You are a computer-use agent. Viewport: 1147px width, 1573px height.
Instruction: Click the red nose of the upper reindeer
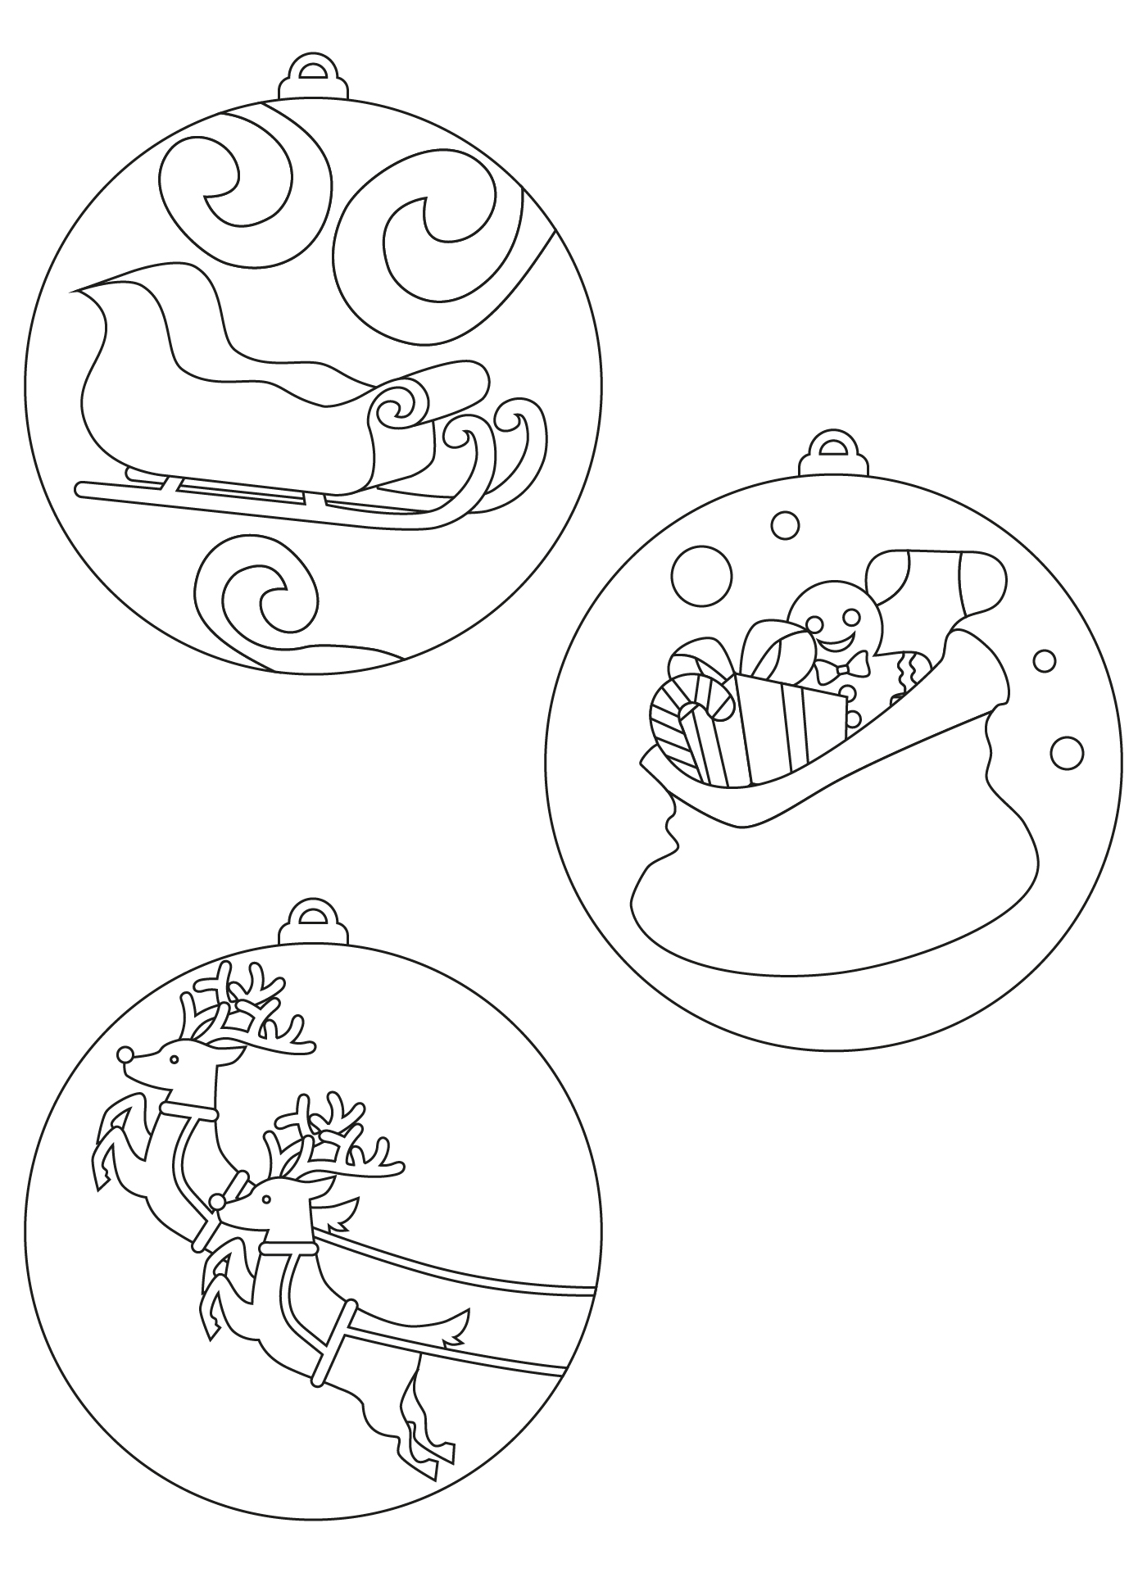pos(125,1054)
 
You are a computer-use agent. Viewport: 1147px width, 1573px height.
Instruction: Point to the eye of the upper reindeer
pos(174,1060)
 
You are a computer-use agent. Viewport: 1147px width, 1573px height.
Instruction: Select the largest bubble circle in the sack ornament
pos(700,576)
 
